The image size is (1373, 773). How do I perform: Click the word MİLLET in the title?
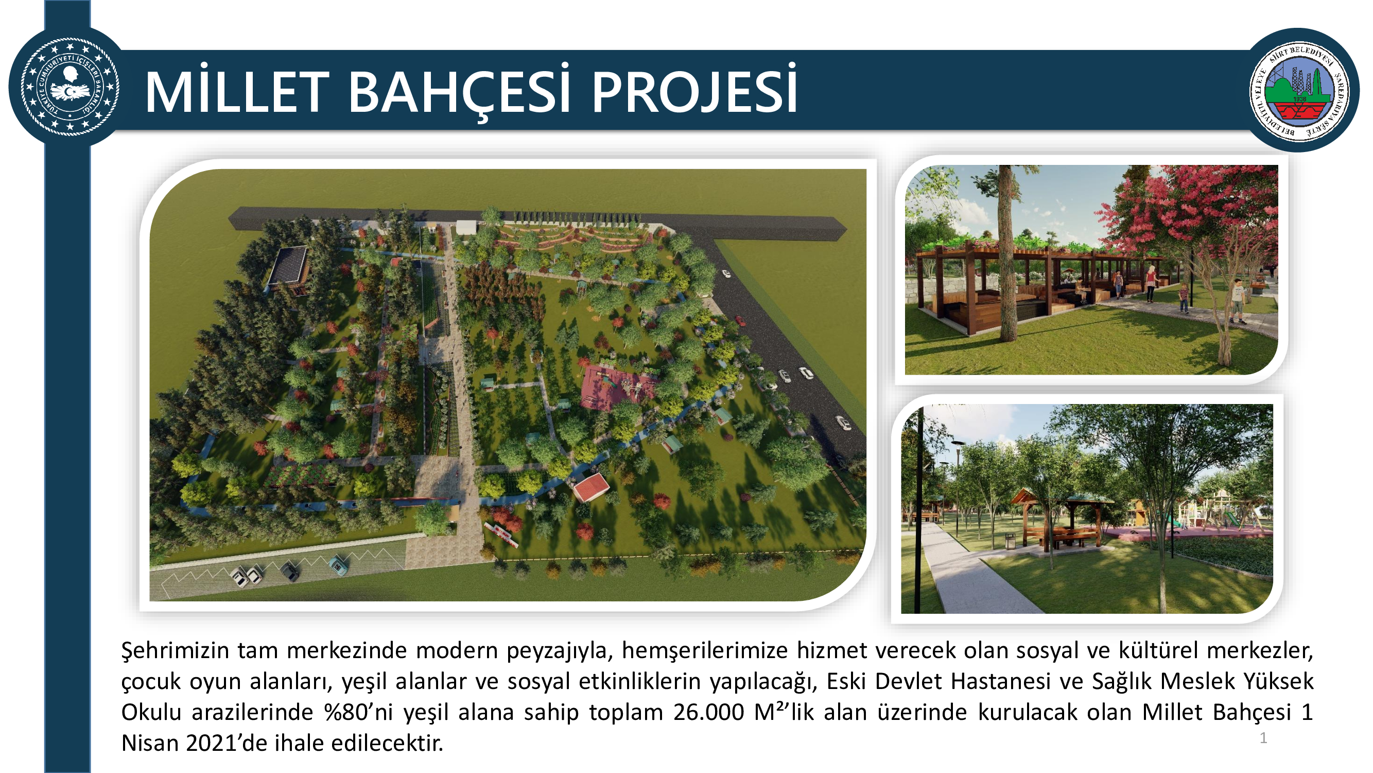click(x=237, y=92)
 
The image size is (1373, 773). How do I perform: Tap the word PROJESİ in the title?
click(x=694, y=92)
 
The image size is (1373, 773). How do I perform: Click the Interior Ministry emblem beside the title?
click(x=69, y=86)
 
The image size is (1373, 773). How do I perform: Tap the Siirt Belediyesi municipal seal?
click(x=1299, y=91)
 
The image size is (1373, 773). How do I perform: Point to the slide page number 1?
click(x=1263, y=738)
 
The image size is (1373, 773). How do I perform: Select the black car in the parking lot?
click(x=289, y=572)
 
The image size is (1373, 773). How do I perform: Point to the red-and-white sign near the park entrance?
click(x=501, y=534)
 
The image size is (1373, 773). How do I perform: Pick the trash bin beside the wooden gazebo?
click(x=1010, y=541)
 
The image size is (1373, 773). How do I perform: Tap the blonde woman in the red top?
click(x=1151, y=283)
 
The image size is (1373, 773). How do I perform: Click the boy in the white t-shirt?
click(x=1238, y=301)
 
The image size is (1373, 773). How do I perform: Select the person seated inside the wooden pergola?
click(x=1082, y=291)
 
